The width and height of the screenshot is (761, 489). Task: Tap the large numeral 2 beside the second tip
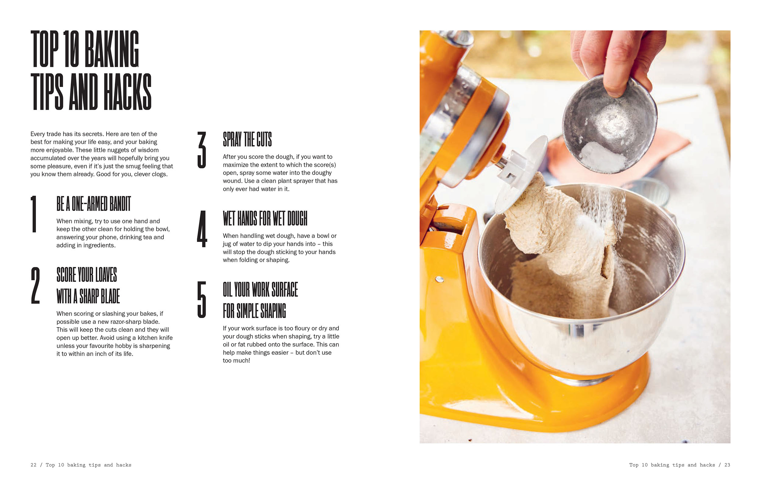pyautogui.click(x=35, y=285)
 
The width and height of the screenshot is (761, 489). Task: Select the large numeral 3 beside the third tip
pyautogui.click(x=202, y=150)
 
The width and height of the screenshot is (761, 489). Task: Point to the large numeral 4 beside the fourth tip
pyautogui.click(x=202, y=229)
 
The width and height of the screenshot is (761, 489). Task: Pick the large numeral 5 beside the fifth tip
pyautogui.click(x=202, y=299)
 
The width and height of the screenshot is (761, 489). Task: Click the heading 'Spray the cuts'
pyautogui.click(x=247, y=139)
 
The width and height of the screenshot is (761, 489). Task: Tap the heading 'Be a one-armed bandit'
pyautogui.click(x=94, y=204)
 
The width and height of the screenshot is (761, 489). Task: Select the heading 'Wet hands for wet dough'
pyautogui.click(x=265, y=218)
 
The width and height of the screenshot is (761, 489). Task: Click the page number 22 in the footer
pyautogui.click(x=33, y=465)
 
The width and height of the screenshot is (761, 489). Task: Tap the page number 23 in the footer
pyautogui.click(x=727, y=465)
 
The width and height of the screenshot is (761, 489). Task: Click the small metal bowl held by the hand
pyautogui.click(x=609, y=125)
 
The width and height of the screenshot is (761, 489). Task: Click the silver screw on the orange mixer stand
pyautogui.click(x=440, y=279)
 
